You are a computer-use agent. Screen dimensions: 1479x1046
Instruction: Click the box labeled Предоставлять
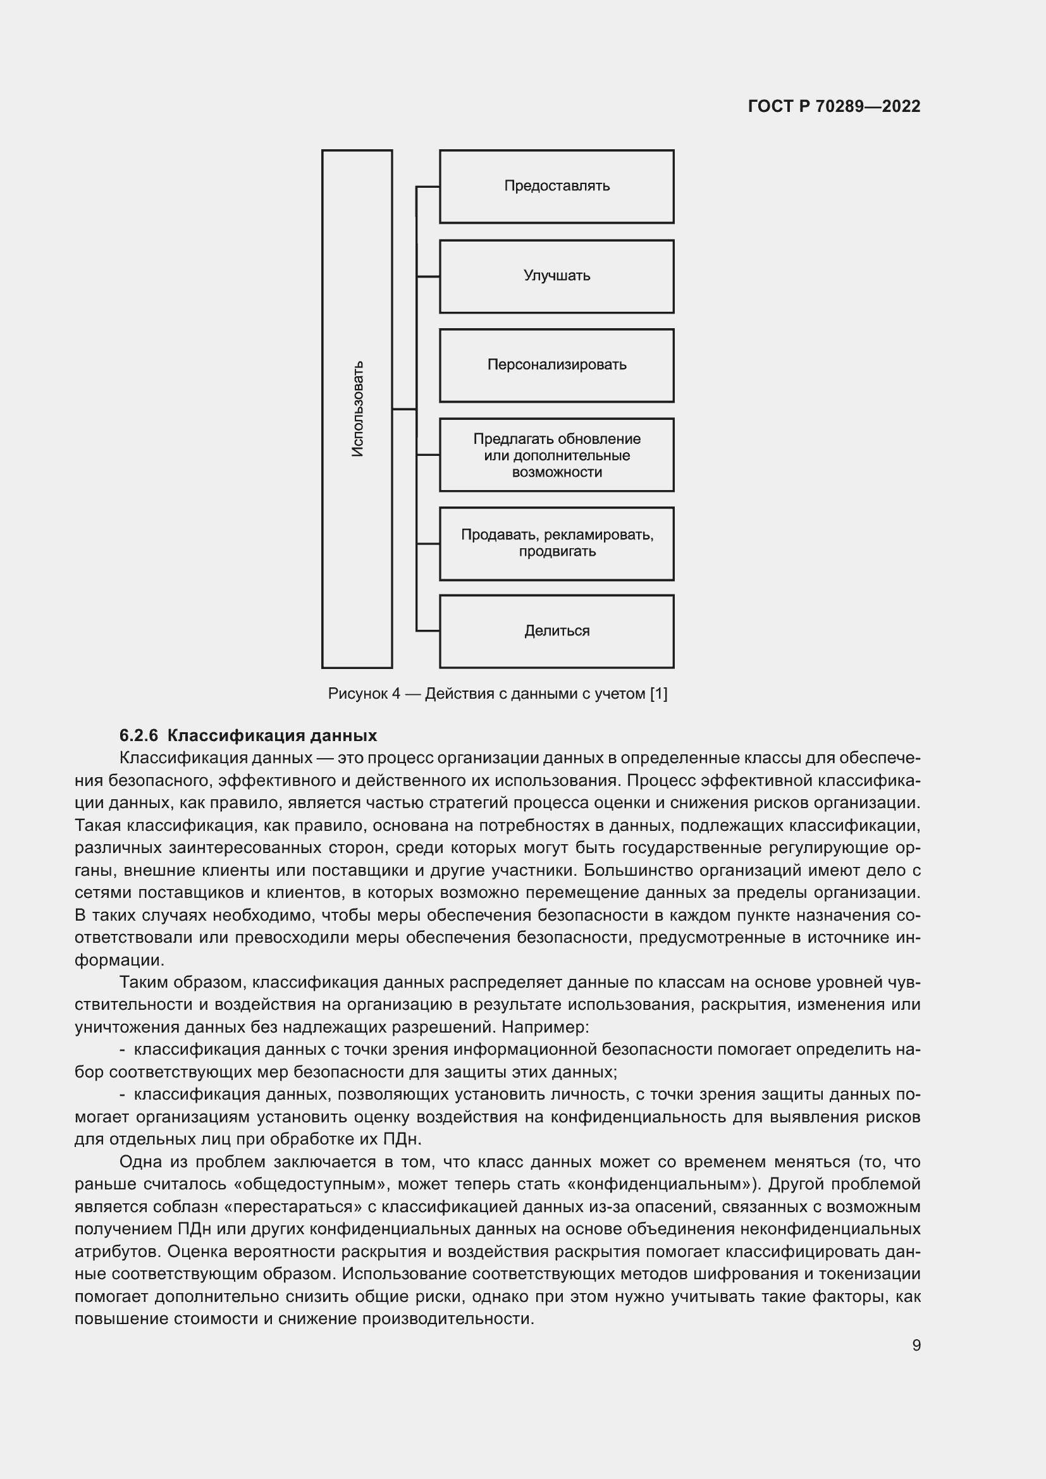tap(557, 186)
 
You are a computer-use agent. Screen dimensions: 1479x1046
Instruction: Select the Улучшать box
tap(557, 276)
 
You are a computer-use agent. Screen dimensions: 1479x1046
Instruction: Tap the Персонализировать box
tap(557, 365)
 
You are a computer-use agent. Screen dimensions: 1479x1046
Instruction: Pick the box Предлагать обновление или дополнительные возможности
tap(557, 455)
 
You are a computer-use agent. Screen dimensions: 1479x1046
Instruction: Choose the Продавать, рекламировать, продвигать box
tap(557, 543)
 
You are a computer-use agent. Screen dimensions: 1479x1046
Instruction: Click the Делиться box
tap(557, 630)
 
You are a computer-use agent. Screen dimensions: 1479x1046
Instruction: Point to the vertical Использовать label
tap(357, 409)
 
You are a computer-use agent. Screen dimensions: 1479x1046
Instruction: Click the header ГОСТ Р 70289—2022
tap(834, 106)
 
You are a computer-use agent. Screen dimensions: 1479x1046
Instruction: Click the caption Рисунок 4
tap(364, 694)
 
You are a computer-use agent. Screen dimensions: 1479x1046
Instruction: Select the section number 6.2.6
tap(138, 735)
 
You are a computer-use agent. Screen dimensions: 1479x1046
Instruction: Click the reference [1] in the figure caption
tap(658, 694)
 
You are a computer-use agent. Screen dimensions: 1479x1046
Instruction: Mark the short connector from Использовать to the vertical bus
tap(404, 409)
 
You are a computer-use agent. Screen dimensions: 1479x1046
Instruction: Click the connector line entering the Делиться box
tap(428, 630)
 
